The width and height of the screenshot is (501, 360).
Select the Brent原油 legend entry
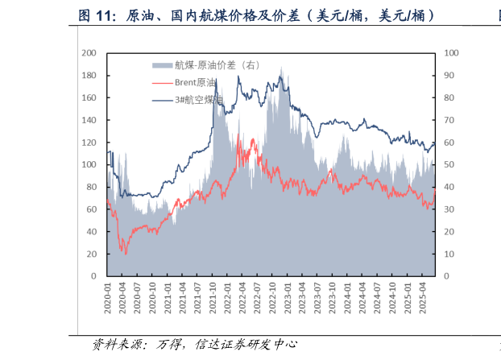tap(195, 82)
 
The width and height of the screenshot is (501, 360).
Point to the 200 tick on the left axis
tap(89, 53)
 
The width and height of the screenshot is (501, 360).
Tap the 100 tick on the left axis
tap(89, 164)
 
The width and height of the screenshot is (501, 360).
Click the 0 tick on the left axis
tap(94, 275)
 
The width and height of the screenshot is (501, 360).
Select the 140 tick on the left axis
tap(89, 120)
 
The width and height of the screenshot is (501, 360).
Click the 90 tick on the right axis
tap(449, 75)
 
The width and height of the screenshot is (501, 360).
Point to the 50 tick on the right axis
tap(449, 164)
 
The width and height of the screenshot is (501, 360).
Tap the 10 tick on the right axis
tap(449, 254)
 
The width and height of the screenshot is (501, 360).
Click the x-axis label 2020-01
tap(107, 295)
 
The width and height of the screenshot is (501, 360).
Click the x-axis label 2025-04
tap(421, 295)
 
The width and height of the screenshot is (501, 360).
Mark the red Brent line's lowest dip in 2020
tap(125, 254)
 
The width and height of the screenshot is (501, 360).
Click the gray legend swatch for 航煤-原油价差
tap(163, 64)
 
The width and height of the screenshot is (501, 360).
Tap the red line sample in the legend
tap(163, 82)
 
